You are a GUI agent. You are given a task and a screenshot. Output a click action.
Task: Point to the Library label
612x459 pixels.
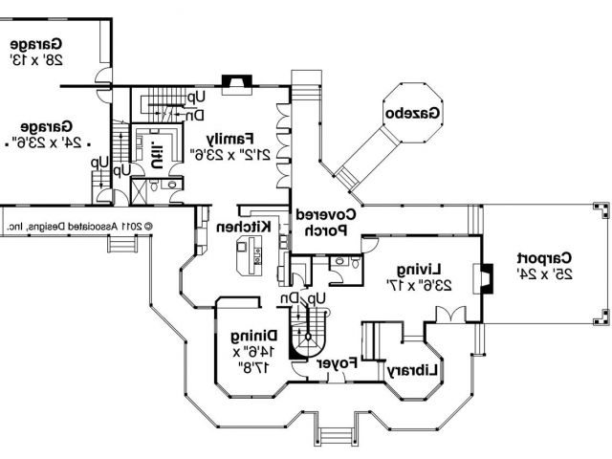[414, 371]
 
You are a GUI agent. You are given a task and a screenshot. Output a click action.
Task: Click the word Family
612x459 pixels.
[235, 137]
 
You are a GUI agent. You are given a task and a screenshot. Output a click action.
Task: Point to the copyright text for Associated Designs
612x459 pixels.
[76, 227]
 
